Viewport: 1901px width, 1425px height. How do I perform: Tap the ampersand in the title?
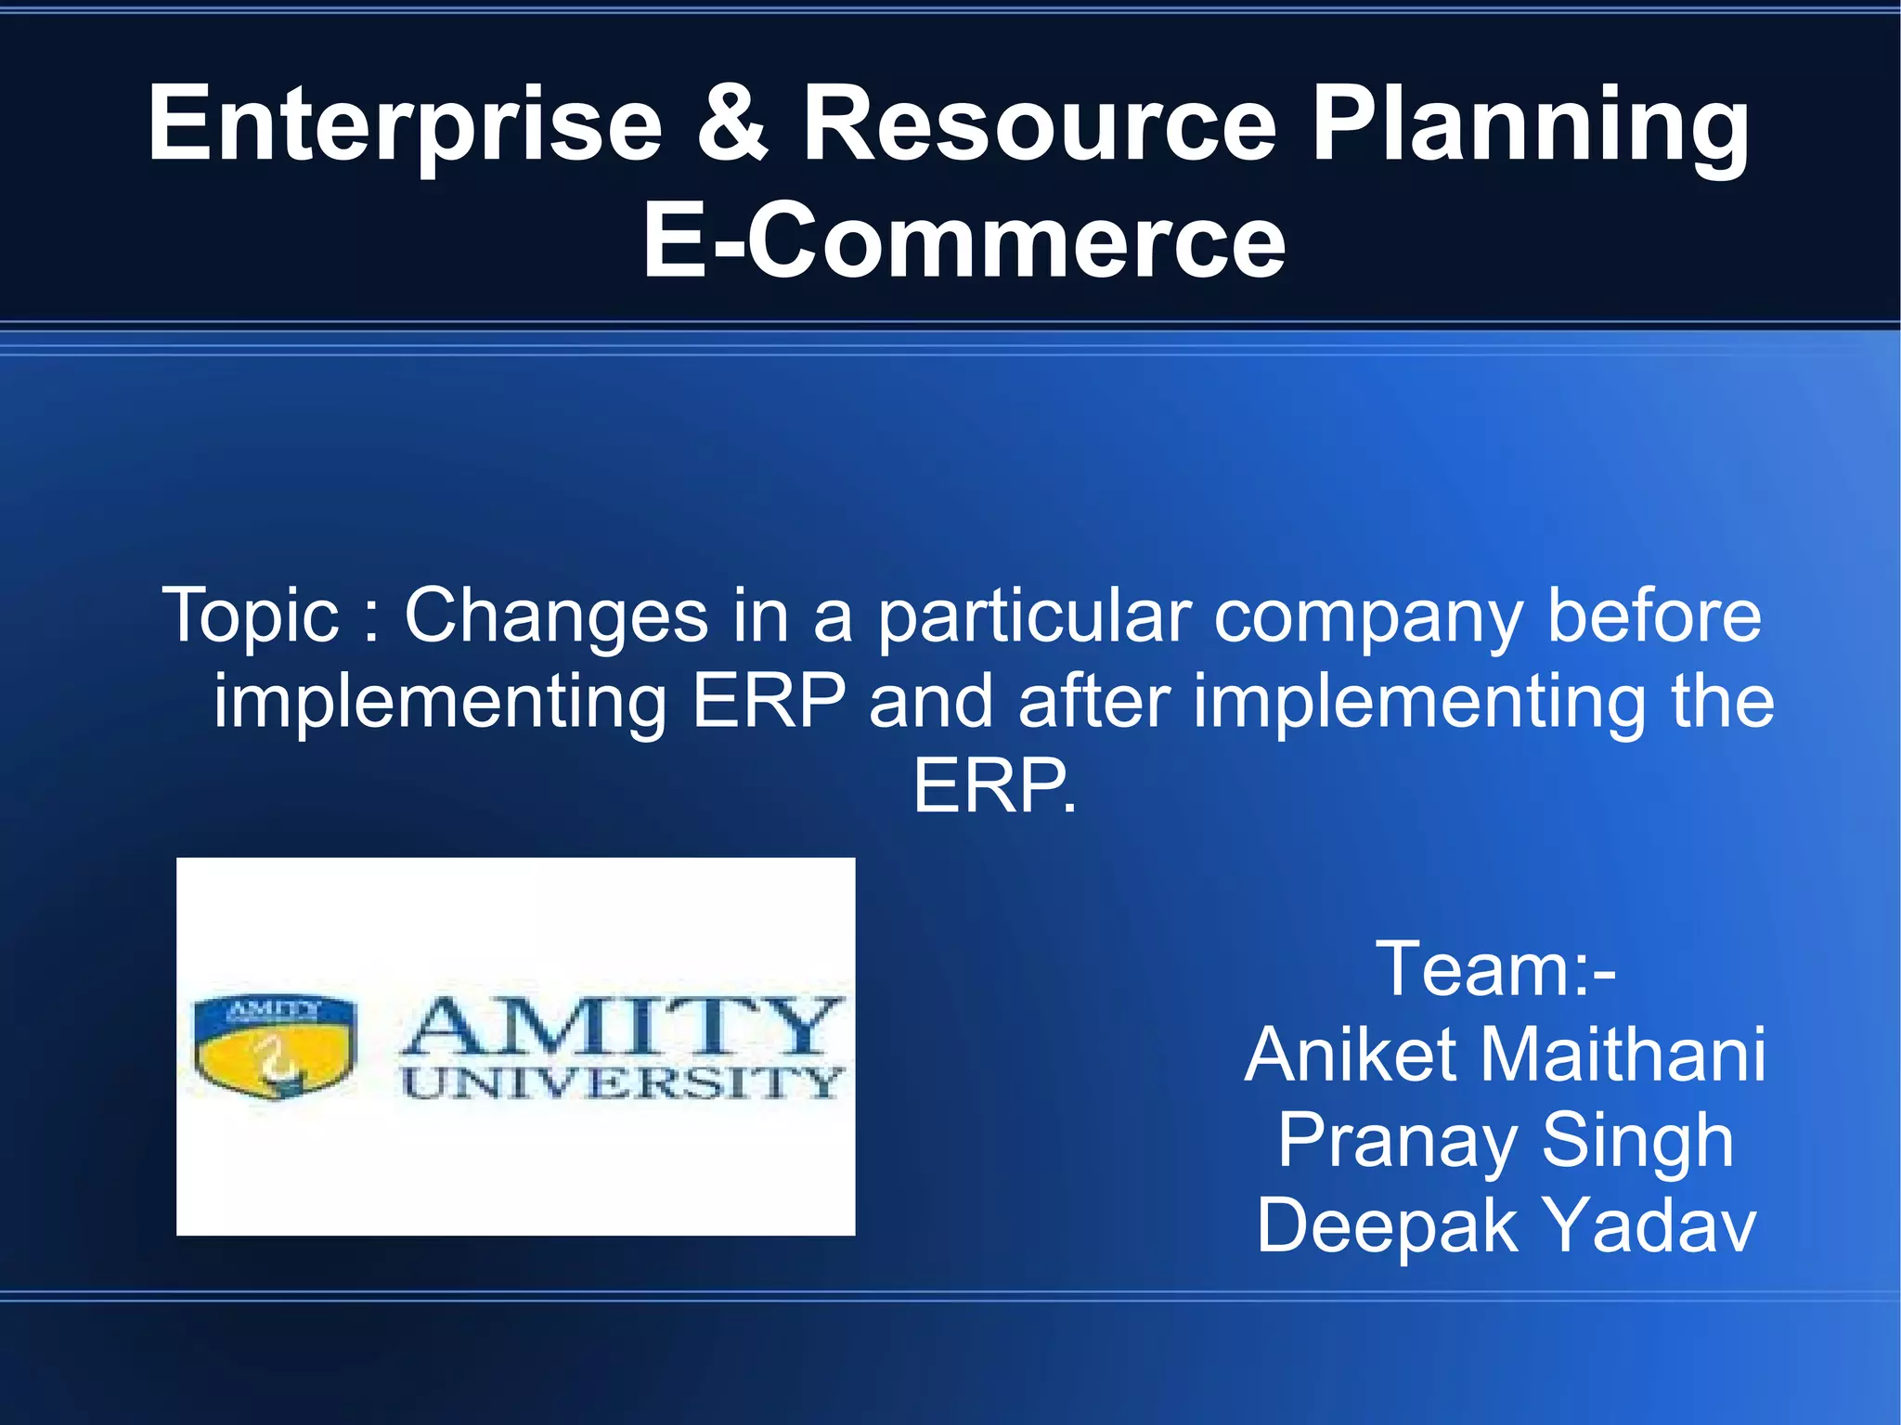[x=732, y=123]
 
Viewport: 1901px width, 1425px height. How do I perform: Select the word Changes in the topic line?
[x=556, y=615]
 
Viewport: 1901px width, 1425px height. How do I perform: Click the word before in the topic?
[x=1653, y=615]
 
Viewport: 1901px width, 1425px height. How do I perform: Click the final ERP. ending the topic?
[x=994, y=786]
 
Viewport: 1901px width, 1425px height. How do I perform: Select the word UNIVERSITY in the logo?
[x=622, y=1082]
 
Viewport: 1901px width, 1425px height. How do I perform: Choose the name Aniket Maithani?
[x=1505, y=1056]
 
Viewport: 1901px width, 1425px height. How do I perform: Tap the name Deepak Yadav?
[x=1505, y=1226]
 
